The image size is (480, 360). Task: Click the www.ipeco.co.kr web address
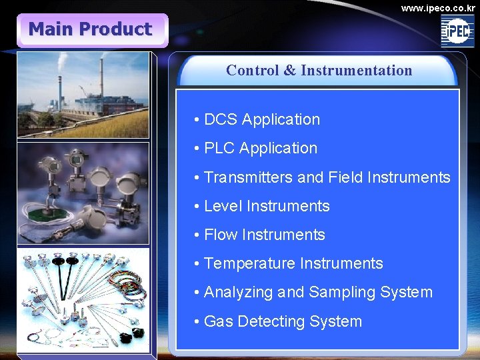[x=438, y=7]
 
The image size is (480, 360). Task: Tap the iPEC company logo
[x=457, y=31]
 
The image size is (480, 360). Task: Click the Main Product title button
[x=91, y=30]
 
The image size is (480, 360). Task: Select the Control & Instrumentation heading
[x=319, y=70]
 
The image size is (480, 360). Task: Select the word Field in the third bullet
[x=345, y=178]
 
